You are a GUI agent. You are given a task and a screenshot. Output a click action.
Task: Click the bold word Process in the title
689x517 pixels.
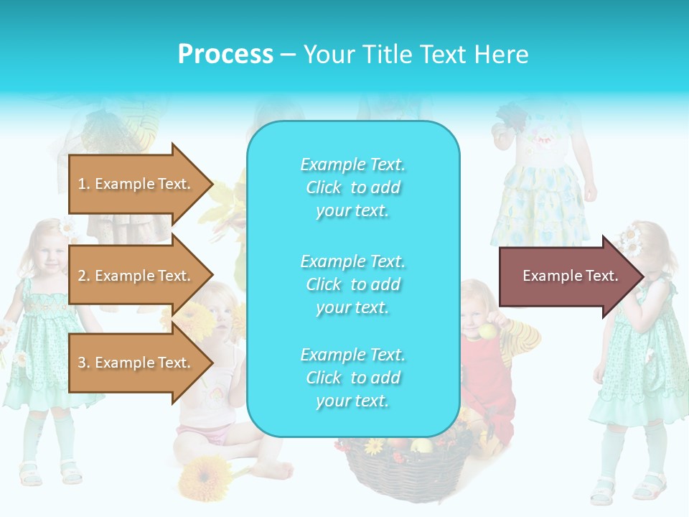225,55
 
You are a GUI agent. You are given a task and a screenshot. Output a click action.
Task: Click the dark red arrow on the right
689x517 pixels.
571,276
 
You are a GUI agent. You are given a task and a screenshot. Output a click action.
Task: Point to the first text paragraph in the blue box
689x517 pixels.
353,187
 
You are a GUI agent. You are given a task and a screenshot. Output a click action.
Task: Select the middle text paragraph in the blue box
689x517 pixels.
353,284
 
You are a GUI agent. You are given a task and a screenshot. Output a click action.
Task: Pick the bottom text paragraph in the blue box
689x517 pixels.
353,378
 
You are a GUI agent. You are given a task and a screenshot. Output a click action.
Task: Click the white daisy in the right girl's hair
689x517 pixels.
631,241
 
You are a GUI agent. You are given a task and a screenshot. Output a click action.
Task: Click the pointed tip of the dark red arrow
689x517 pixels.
640,276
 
